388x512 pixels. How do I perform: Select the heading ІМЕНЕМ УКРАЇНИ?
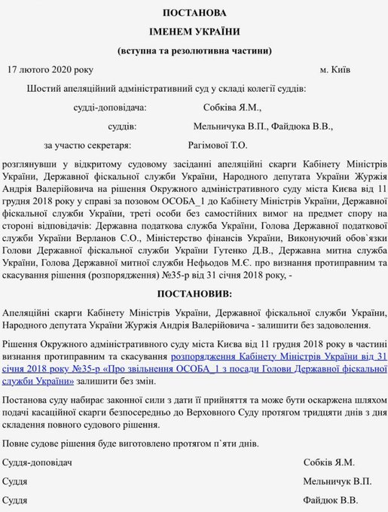pos(194,32)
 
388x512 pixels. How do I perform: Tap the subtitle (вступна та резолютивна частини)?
pos(194,51)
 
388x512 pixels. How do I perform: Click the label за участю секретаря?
pos(87,145)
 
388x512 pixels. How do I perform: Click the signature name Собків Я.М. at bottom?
pos(329,462)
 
